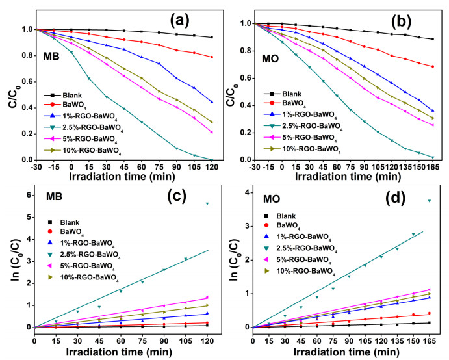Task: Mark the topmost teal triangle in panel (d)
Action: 429,201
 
